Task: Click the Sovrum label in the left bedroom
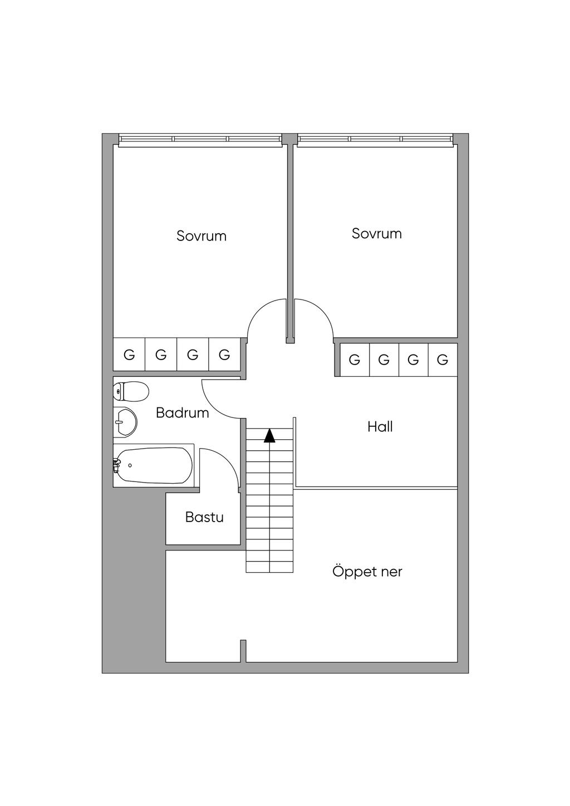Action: [x=202, y=235]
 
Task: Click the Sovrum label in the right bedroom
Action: [x=376, y=233]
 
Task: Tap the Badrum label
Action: [x=182, y=413]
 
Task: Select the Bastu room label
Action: [x=204, y=517]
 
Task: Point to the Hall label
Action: [x=380, y=427]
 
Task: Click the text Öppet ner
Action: [x=367, y=572]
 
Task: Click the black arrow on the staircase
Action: [x=269, y=435]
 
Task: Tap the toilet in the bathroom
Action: [x=131, y=391]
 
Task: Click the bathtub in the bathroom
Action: [x=155, y=465]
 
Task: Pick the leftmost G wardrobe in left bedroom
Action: [x=129, y=355]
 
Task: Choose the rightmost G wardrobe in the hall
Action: [x=443, y=360]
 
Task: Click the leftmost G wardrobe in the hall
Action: [x=354, y=360]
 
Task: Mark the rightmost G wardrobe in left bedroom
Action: [x=224, y=355]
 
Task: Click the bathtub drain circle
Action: [x=130, y=465]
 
